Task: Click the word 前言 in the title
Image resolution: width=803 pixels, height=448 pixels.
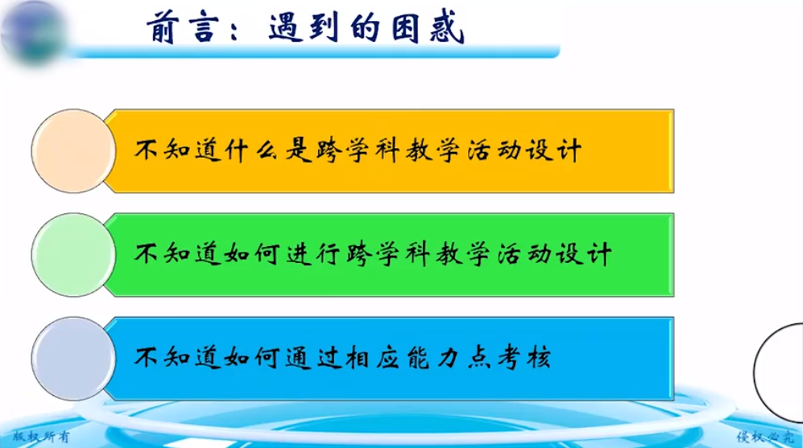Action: pyautogui.click(x=182, y=27)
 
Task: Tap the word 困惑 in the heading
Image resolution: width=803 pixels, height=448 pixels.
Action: pyautogui.click(x=428, y=27)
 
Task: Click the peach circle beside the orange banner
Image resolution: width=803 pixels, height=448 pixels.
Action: pyautogui.click(x=73, y=151)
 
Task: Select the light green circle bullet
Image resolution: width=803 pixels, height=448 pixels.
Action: pyautogui.click(x=73, y=255)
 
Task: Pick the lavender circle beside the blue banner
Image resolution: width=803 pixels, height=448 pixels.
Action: pyautogui.click(x=73, y=359)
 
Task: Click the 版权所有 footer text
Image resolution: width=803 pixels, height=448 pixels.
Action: pyautogui.click(x=41, y=437)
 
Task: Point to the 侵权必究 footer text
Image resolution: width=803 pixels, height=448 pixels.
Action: pyautogui.click(x=766, y=437)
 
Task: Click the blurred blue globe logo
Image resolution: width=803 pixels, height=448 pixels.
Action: pyautogui.click(x=33, y=31)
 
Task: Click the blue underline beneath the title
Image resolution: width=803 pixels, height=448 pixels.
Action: pyautogui.click(x=313, y=51)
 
